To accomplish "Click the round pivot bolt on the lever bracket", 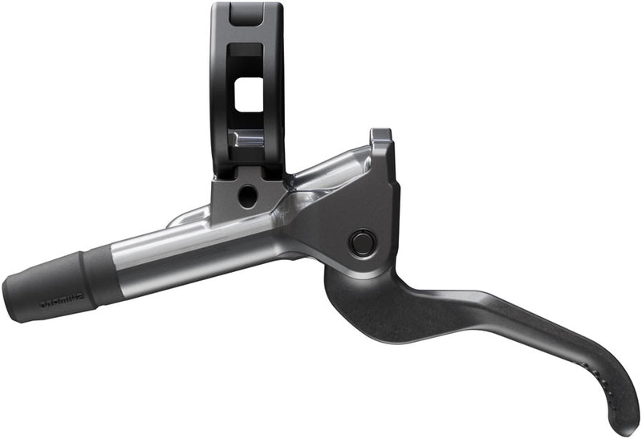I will click(x=362, y=242).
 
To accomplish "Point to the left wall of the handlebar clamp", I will click(x=221, y=88).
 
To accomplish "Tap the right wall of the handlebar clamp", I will click(x=274, y=88).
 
